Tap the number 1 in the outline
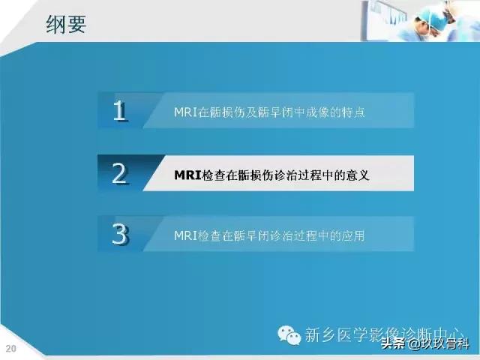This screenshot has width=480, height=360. (120, 111)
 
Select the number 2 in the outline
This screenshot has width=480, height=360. (120, 173)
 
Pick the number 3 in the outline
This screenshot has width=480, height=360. (120, 235)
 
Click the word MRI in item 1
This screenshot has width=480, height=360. (184, 112)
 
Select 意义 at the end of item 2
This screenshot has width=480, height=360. (358, 175)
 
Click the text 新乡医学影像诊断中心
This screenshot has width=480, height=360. (382, 334)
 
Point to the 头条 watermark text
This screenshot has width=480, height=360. (393, 345)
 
